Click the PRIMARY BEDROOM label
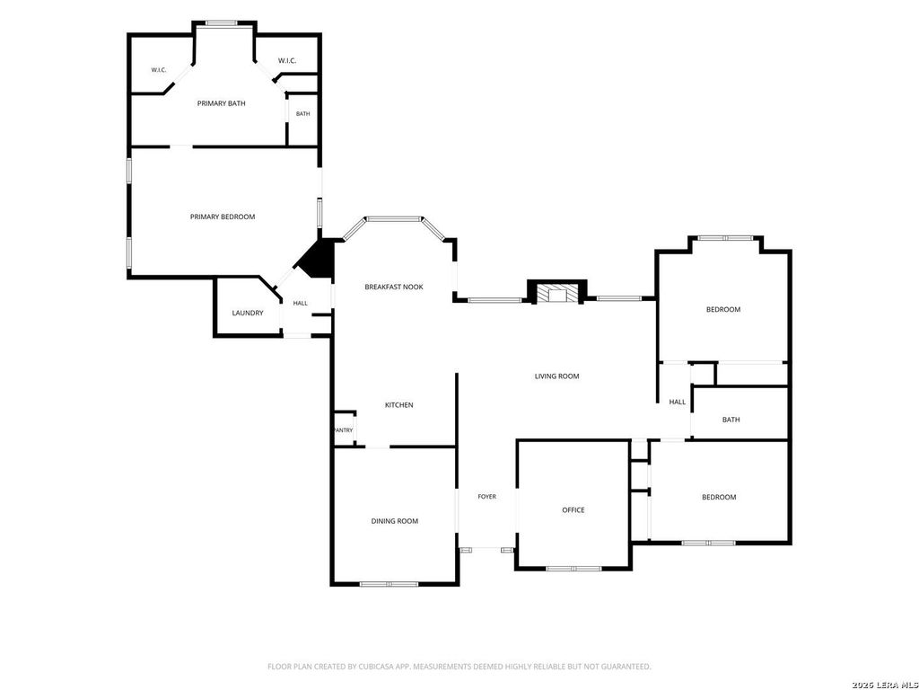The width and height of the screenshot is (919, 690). [223, 217]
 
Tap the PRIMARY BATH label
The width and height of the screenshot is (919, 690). [221, 103]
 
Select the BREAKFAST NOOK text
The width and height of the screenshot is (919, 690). [394, 287]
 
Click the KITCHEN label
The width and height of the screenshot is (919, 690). [399, 405]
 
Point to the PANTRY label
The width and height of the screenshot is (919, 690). [344, 430]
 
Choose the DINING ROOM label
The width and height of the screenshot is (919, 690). [395, 521]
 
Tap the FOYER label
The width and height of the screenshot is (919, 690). [487, 496]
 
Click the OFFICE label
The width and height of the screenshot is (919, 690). [573, 510]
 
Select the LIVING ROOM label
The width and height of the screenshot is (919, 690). [556, 376]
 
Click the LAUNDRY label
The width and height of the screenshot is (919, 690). [248, 313]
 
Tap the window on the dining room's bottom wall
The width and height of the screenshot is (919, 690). [389, 584]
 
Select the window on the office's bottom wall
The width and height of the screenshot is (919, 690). [573, 568]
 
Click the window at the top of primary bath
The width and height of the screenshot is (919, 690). [221, 23]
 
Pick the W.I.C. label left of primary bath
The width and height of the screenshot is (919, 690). [159, 70]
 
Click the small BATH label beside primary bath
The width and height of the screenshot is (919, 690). [303, 114]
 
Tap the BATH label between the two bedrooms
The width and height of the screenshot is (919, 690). [731, 420]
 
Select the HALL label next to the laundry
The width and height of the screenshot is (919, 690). [300, 304]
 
